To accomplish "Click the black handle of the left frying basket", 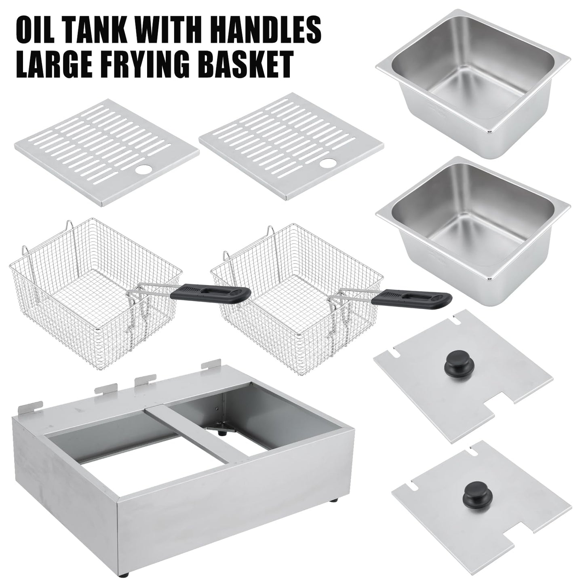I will pos(210,293).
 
